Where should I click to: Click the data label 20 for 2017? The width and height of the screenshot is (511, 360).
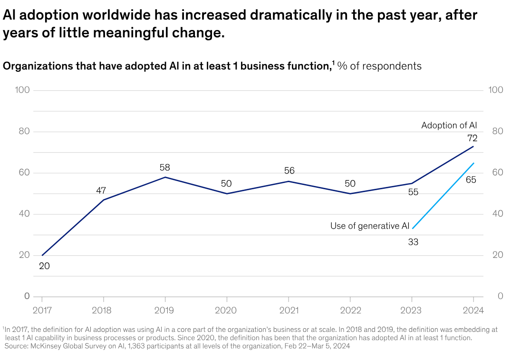[44, 266]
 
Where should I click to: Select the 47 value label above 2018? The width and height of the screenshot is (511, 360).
[101, 190]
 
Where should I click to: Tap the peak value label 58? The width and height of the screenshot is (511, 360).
[165, 167]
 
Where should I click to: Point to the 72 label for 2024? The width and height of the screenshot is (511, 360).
[472, 138]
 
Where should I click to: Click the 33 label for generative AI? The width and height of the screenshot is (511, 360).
[413, 242]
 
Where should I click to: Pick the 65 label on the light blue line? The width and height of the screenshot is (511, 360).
[471, 180]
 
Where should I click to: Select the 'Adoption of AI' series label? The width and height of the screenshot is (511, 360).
[449, 126]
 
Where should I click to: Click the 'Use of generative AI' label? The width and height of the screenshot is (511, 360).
[369, 226]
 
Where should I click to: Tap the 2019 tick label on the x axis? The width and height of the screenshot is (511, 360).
[165, 310]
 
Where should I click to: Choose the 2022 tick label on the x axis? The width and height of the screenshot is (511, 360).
[350, 310]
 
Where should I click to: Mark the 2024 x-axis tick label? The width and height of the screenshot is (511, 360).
[473, 310]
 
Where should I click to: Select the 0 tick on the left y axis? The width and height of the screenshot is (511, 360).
[27, 296]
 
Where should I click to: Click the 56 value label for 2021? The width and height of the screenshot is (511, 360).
[289, 171]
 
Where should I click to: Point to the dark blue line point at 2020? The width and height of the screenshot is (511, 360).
[227, 194]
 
